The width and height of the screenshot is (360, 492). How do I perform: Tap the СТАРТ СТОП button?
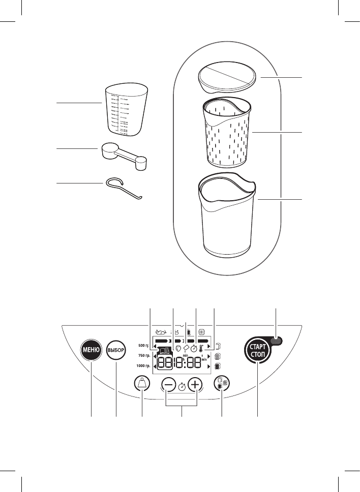coord(257,351)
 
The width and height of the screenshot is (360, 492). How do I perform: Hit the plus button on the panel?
coord(195,385)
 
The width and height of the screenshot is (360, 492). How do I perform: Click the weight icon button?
coord(142,384)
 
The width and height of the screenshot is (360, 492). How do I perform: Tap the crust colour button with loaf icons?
coord(222,384)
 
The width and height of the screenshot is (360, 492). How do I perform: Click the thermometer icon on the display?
coord(201,349)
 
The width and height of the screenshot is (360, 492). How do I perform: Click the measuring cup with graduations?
coord(124,113)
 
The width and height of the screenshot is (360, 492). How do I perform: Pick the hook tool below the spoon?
coord(122,188)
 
